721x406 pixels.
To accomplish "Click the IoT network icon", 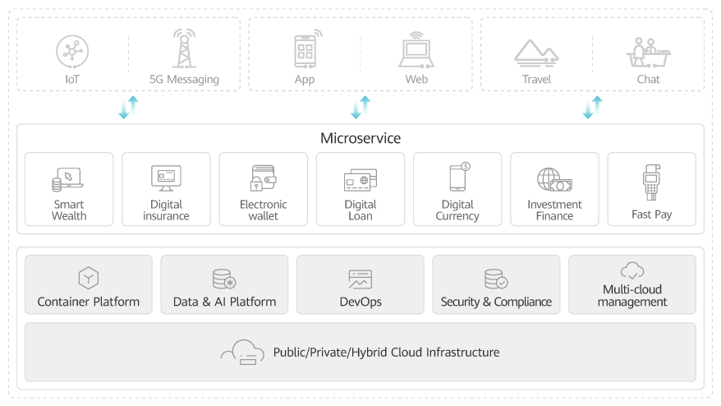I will (x=71, y=51).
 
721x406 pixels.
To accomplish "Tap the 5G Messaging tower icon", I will (x=184, y=49).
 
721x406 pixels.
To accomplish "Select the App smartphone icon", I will (x=305, y=49).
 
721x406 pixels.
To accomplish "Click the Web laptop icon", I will (x=416, y=50).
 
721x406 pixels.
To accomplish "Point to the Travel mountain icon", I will (x=536, y=52).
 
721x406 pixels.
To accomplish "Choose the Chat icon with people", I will (x=648, y=51).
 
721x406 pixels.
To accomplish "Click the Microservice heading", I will (x=360, y=138).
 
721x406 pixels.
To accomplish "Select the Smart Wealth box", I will (x=69, y=189).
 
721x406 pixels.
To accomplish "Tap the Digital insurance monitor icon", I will (x=166, y=178).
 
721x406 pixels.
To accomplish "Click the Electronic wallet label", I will (x=263, y=210).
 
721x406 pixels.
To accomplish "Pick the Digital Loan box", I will (x=360, y=189).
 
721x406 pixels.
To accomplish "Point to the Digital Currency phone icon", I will (x=458, y=177).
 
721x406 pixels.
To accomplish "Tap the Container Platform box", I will (x=89, y=284).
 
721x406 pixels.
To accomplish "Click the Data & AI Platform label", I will (x=224, y=302).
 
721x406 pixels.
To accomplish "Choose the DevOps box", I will (x=360, y=284).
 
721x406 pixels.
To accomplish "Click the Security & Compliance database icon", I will (x=495, y=279).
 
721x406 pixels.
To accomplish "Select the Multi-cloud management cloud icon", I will (x=631, y=270).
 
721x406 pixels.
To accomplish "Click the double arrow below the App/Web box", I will (x=360, y=108).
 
